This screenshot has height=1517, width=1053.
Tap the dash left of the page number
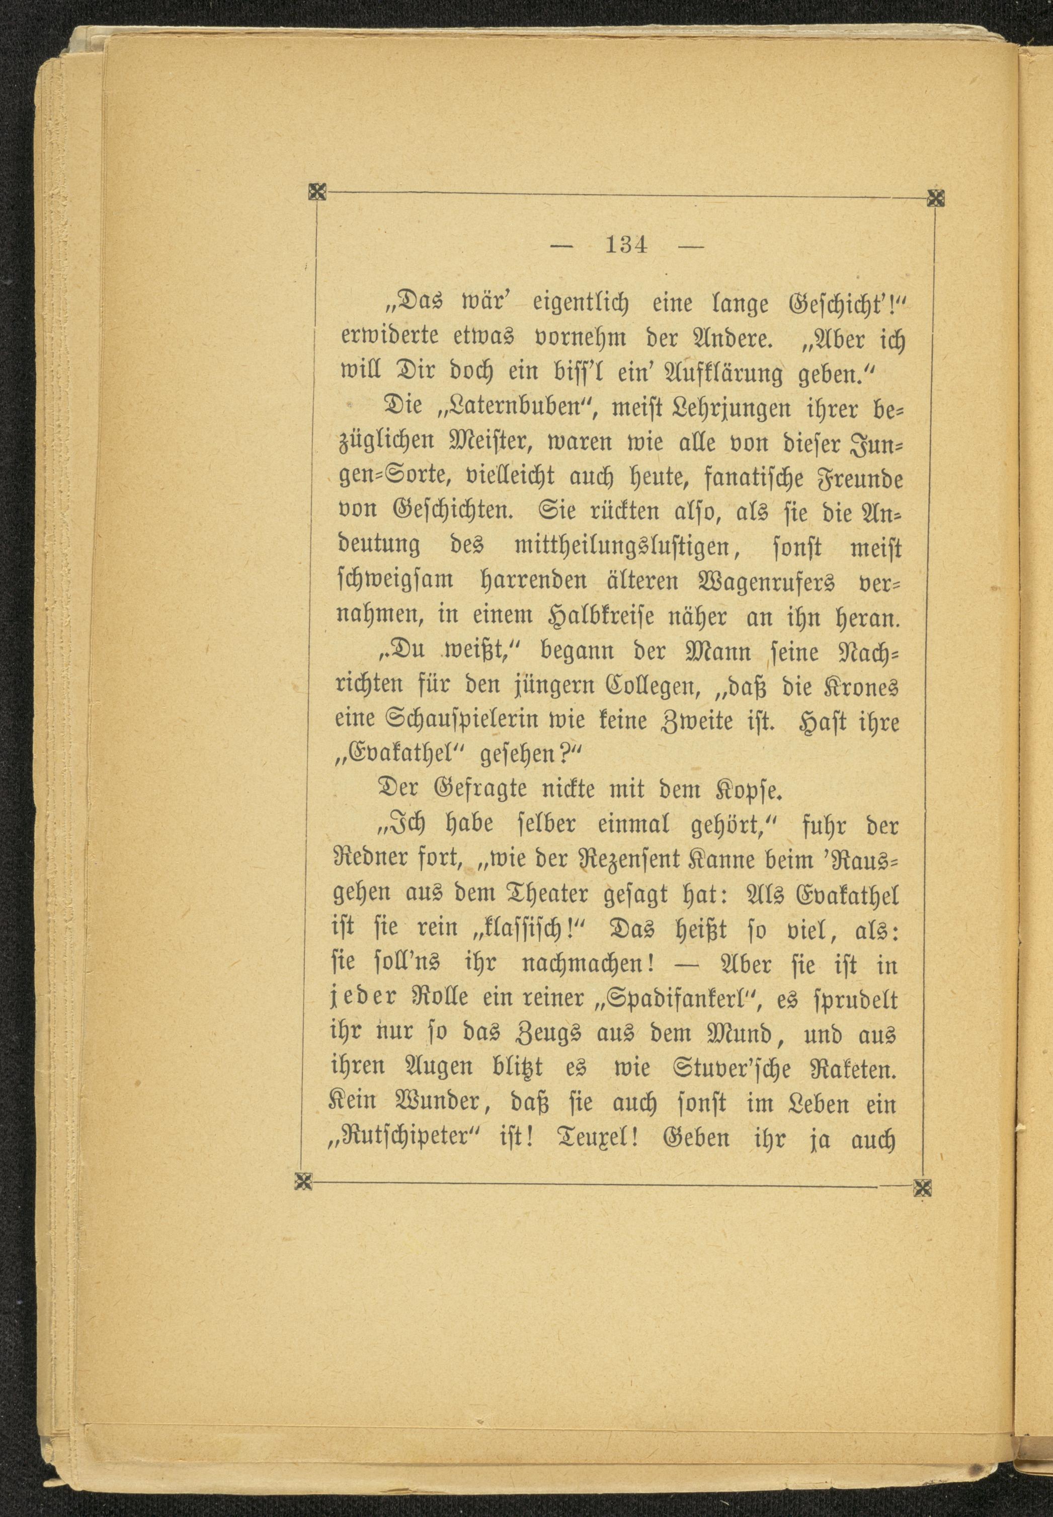[x=561, y=246]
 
